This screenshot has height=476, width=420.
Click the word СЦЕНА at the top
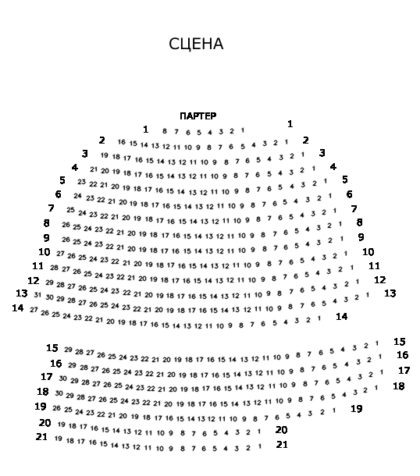click(x=196, y=44)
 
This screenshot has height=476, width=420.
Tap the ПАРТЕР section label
click(x=198, y=116)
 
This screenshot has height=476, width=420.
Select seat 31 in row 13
click(x=37, y=295)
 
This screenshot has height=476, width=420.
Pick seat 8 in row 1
click(x=165, y=131)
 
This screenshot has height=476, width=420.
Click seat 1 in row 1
click(x=243, y=130)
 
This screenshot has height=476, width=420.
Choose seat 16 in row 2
click(x=122, y=142)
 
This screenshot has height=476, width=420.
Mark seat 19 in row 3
click(x=105, y=155)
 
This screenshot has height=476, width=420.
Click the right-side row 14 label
click(x=342, y=317)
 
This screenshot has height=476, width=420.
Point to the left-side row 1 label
click(x=146, y=130)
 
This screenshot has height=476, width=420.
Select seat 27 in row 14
click(x=34, y=310)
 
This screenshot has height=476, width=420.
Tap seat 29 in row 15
click(x=68, y=350)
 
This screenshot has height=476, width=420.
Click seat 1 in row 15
click(x=377, y=343)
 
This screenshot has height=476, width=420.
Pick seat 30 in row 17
click(x=63, y=378)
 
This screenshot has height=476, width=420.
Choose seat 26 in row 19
click(x=57, y=408)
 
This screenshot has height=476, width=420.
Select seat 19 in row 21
click(x=59, y=439)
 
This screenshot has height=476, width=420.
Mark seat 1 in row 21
click(x=260, y=446)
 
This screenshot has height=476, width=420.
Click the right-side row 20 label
click(x=282, y=430)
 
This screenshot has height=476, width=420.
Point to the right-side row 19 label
click(x=357, y=409)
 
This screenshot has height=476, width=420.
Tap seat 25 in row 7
click(x=71, y=210)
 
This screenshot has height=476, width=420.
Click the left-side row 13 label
click(x=22, y=293)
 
